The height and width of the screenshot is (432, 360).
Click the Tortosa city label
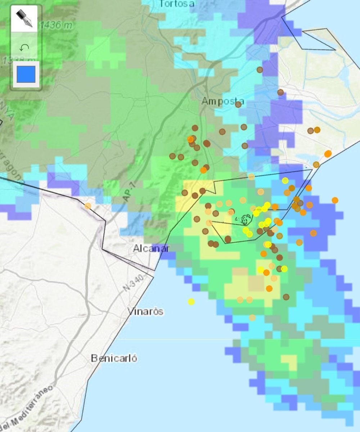pos(177,4)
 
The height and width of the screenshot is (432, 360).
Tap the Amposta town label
pos(222,101)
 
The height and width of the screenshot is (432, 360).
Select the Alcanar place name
pos(151,248)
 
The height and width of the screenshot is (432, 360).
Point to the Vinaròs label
pos(145,311)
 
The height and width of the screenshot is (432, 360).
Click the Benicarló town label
pos(114,359)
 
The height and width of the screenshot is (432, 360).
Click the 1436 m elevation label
pos(56,25)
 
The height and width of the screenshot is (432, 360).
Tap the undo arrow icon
pos(24,47)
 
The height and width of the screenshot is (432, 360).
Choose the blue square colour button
pos(26,74)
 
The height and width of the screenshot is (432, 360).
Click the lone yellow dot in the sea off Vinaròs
pos(191,302)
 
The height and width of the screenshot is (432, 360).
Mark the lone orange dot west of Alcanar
pos(87,206)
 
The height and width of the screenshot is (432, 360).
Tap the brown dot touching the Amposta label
pos(238,104)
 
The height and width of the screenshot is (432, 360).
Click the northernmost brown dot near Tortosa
pos(260,70)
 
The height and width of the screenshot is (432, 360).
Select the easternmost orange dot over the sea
pos(335,200)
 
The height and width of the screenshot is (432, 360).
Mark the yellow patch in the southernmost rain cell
pos(289,361)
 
